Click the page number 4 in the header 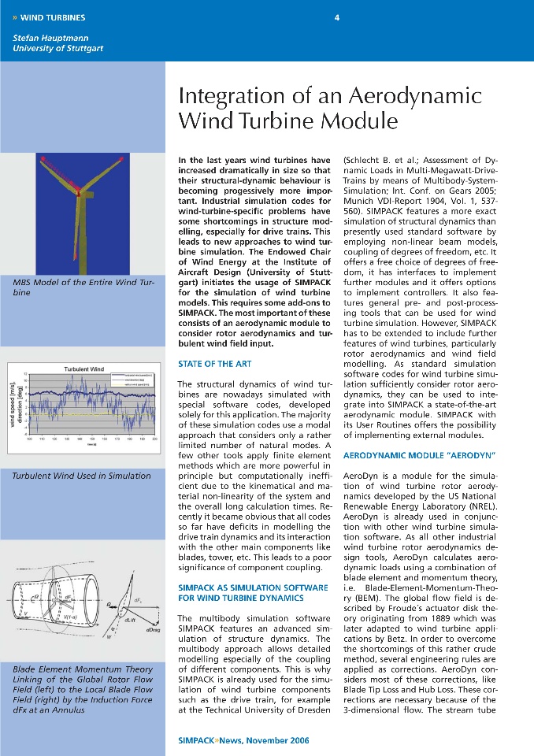pyautogui.click(x=336, y=17)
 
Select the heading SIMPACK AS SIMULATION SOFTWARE pyautogui.click(x=253, y=588)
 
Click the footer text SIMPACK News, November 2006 pyautogui.click(x=244, y=740)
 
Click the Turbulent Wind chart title pyautogui.click(x=83, y=369)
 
